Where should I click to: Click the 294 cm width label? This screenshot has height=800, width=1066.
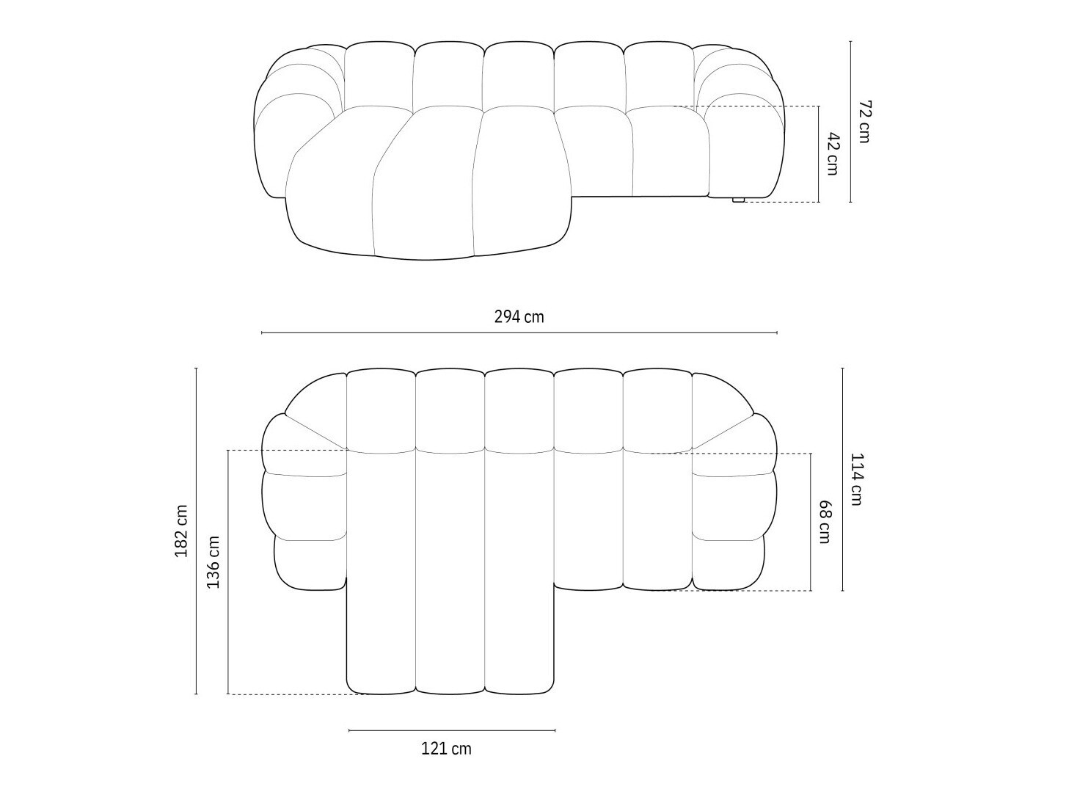519,317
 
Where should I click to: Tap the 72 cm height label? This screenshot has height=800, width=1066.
864,121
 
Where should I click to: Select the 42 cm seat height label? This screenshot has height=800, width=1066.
832,153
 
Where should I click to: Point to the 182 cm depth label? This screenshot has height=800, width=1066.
181,531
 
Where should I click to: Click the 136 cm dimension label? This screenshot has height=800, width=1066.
213,562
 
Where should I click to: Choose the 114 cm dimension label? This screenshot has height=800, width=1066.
856,479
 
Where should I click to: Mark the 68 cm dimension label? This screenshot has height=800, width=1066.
825,522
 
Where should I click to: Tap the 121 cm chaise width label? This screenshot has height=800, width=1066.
446,749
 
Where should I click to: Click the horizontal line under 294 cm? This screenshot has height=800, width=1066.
519,333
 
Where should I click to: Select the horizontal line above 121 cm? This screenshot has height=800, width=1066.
452,730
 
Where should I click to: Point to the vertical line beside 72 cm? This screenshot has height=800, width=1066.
850,121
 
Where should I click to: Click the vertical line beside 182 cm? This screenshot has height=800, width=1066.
196,531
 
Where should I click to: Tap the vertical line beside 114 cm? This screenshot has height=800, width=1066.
842,479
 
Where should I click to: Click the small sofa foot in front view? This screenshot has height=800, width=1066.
738,200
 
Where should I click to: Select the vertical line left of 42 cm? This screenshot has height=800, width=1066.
819,153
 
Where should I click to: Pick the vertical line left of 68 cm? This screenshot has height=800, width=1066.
811,522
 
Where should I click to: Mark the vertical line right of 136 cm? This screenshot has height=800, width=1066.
228,572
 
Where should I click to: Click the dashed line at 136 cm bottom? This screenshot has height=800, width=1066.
293,694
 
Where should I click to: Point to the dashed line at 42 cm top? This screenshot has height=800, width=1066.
756,106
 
